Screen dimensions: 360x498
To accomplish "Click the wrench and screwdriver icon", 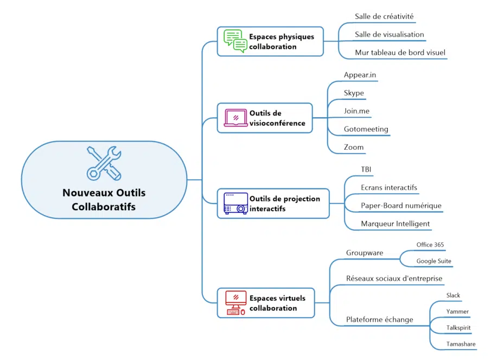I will pos(104,163).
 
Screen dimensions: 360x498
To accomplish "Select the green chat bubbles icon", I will pos(236,41).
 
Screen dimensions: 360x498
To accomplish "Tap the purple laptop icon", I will pos(236,118).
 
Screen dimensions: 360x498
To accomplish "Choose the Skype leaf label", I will pos(354,93).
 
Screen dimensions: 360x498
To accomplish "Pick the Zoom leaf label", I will pos(354,147).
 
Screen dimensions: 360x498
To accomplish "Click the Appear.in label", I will pos(360,74).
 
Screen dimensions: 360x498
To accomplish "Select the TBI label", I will pos(366,169).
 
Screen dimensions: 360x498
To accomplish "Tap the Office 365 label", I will pos(430,245).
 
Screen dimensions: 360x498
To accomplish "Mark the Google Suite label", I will pos(433,261).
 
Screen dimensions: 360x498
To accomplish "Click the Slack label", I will pos(453,295).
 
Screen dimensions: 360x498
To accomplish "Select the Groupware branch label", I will pos(365,253).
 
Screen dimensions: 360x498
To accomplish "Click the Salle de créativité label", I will pos(384,17).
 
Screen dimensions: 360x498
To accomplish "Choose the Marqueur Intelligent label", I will pos(395,224).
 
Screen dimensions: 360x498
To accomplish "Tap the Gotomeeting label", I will pos(366,129).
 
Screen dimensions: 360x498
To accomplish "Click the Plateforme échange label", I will pos(379,320).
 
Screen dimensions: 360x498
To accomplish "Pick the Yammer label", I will pos(457,312).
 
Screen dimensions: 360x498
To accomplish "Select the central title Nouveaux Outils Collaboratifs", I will pos(104,200).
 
